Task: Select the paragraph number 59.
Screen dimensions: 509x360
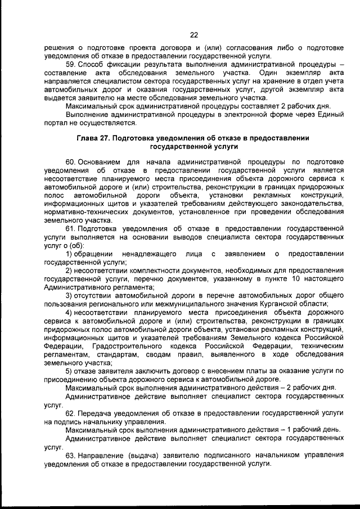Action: coord(71,65)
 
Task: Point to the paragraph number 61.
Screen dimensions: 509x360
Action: coord(71,229)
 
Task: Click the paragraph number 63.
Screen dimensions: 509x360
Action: coord(71,454)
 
